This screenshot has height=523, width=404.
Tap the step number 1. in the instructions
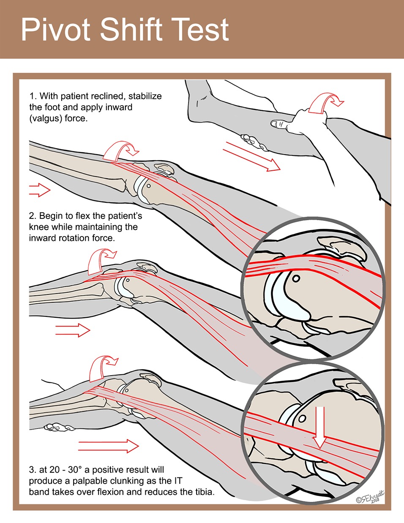(x=33, y=96)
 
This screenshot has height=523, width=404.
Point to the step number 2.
(x=33, y=216)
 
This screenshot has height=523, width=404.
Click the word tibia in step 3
(x=203, y=492)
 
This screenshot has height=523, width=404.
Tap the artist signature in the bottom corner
(x=370, y=498)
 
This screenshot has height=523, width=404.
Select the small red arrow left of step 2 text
(x=39, y=190)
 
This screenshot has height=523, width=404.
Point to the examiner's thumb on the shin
(x=279, y=124)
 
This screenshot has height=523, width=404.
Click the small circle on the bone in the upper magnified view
(x=296, y=279)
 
